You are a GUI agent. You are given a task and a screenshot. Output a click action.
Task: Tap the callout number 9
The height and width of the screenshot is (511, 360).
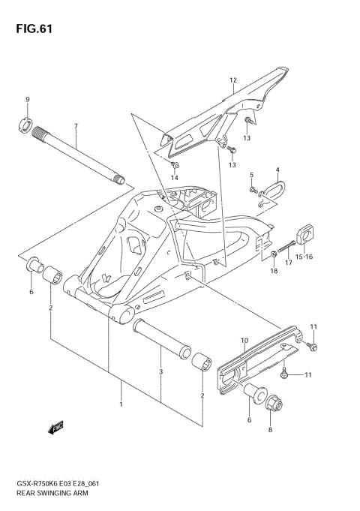pyautogui.click(x=27, y=100)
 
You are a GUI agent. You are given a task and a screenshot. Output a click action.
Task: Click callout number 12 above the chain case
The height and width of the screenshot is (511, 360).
pyautogui.click(x=233, y=80)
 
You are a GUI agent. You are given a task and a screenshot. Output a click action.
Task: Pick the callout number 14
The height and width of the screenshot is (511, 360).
pyautogui.click(x=175, y=178)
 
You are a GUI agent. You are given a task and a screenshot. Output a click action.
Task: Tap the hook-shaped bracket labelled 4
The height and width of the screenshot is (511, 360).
pyautogui.click(x=271, y=191)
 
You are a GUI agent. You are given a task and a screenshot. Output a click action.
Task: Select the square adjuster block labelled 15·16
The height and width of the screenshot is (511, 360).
pyautogui.click(x=307, y=236)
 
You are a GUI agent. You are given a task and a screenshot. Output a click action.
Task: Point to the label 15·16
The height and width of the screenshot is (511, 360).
pyautogui.click(x=304, y=257)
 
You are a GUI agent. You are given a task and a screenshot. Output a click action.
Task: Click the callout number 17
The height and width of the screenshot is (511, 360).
pyautogui.click(x=288, y=263)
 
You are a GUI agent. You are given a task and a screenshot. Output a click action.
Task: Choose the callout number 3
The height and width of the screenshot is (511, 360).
pyautogui.click(x=160, y=371)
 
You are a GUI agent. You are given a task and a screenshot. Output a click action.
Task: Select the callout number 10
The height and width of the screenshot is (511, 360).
pyautogui.click(x=244, y=341)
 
